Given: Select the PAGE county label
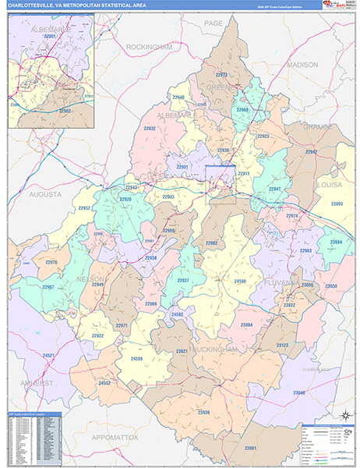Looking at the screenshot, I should tap(213, 23).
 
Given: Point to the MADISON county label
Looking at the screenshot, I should tap(302, 64).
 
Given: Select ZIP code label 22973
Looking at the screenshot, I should tap(222, 75).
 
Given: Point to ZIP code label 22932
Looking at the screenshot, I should tap(150, 128).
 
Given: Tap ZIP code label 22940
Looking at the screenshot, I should tap(178, 97).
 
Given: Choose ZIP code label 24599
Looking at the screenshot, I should tap(136, 358).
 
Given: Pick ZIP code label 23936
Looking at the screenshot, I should tap(203, 412).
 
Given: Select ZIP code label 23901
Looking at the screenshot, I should tap(249, 448).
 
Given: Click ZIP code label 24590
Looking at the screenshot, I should tap(240, 281).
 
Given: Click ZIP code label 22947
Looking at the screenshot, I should tap(275, 190).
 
